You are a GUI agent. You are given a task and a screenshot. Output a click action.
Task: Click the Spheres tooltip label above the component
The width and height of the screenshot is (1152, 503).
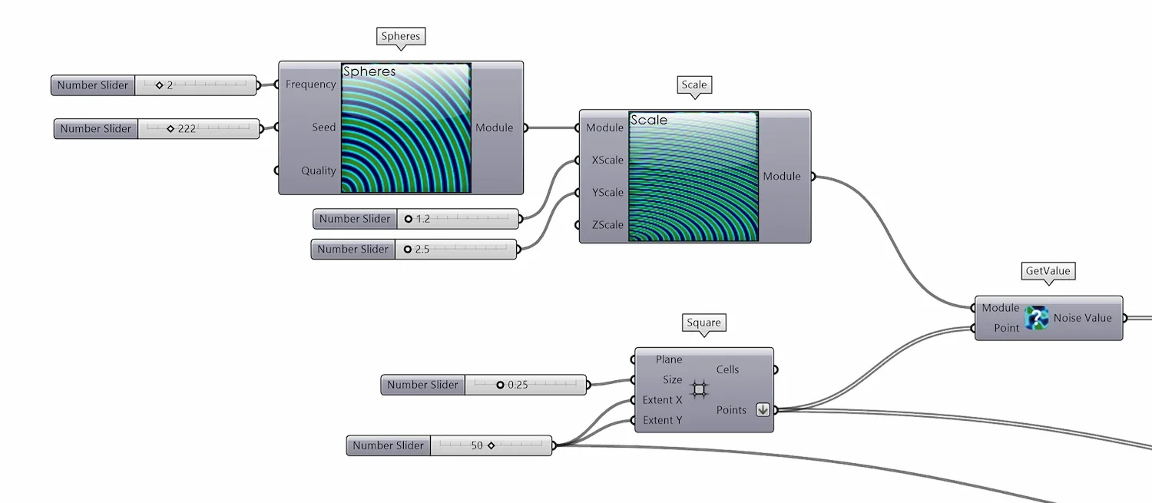tap(401, 36)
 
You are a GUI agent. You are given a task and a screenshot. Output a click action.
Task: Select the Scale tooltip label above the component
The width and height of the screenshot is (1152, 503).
tap(694, 85)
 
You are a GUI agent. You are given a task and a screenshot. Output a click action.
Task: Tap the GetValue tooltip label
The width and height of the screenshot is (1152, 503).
tap(1048, 271)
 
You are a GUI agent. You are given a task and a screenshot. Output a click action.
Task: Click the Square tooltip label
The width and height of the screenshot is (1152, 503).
tap(703, 323)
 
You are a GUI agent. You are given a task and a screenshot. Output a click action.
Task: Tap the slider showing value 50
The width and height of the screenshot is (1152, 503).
tap(491, 445)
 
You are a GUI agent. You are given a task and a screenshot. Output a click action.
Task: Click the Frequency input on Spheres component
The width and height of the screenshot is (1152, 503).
tap(310, 84)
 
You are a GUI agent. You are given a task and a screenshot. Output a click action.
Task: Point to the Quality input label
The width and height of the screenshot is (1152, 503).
tap(318, 170)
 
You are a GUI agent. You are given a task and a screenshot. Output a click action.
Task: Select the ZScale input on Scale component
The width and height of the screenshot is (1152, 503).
tap(607, 225)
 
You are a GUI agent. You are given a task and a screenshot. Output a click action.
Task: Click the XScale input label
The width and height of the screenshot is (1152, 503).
tap(607, 160)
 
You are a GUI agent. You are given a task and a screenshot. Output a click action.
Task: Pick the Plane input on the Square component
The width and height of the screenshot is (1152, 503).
tap(668, 359)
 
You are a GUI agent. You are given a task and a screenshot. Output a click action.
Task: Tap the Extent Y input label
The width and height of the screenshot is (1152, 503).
tap(662, 420)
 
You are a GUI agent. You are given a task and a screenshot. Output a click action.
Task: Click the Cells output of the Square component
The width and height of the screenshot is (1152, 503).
tap(727, 369)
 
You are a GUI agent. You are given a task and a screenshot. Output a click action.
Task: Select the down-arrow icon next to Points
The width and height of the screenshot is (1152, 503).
tap(763, 410)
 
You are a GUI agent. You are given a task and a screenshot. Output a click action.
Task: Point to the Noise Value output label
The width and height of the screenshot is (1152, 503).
tap(1082, 318)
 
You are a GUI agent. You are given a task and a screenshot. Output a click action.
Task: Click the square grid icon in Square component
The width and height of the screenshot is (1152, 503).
tap(699, 389)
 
